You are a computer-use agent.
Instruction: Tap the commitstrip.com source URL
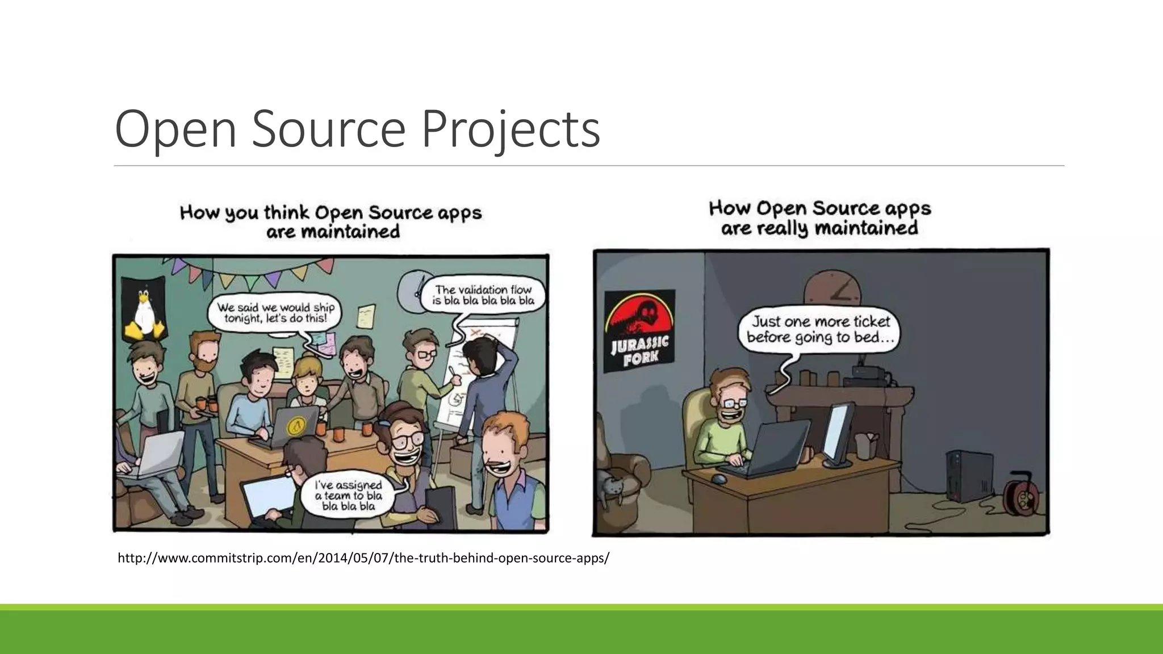coord(363,558)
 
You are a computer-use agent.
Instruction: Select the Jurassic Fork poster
coord(639,331)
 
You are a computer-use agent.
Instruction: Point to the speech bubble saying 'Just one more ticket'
coord(819,330)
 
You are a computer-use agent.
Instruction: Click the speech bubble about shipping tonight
coord(275,313)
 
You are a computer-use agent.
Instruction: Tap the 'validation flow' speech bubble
coord(483,295)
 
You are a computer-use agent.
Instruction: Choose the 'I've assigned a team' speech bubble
coord(349,495)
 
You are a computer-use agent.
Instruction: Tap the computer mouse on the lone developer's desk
coord(719,480)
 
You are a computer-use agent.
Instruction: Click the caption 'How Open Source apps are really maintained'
coord(819,218)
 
